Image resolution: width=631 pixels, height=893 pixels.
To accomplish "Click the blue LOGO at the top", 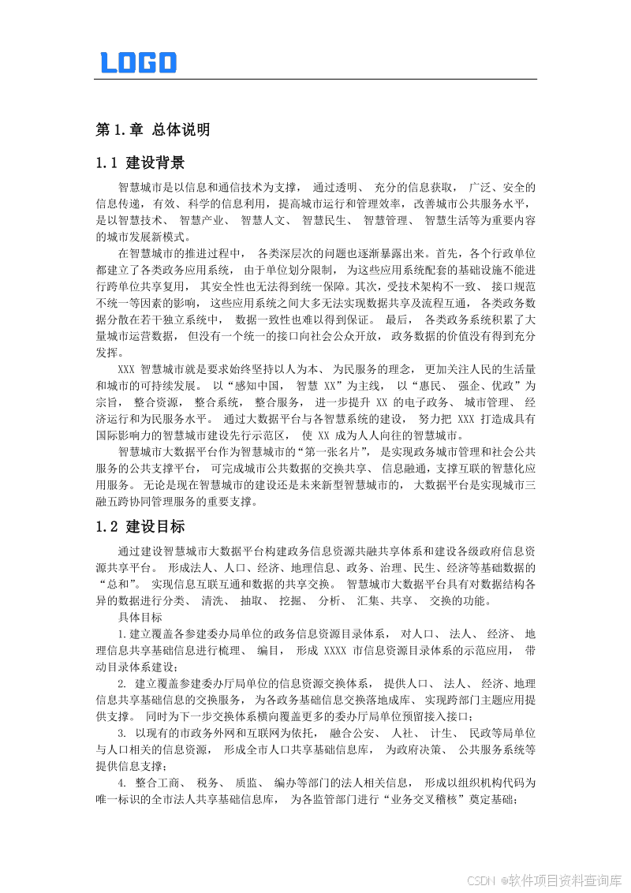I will pos(139,62).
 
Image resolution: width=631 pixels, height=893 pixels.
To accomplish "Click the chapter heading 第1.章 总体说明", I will pos(152,129).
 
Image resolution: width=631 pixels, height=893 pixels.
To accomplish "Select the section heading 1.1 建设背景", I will pos(140,163).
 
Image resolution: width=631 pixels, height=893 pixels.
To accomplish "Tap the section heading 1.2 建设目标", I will pos(140,526).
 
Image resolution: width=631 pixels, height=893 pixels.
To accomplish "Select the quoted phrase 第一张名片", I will pos(338,453).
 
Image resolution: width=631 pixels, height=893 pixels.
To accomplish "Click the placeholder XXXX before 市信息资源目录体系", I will pos(335,651).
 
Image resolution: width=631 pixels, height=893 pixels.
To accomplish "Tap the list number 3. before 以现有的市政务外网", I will pos(122,734).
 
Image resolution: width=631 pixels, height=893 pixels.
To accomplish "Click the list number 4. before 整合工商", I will pos(122,784).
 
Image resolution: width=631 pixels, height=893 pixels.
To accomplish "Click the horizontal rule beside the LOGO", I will pos(355,79).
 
